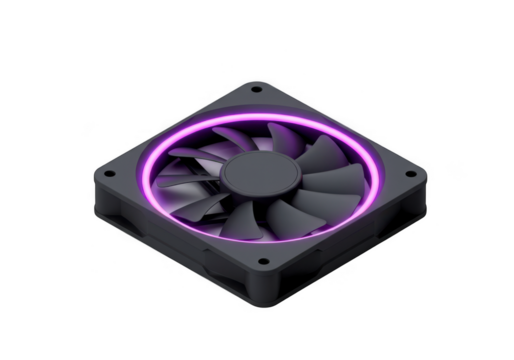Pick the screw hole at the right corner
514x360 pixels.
[410, 177]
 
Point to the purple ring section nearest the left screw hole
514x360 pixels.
[148, 172]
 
